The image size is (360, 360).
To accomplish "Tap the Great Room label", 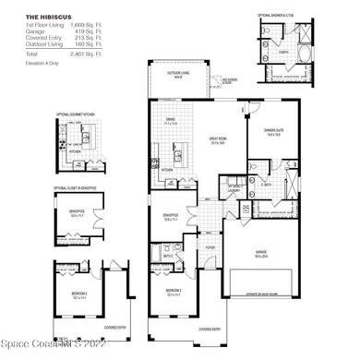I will point(219,141).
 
